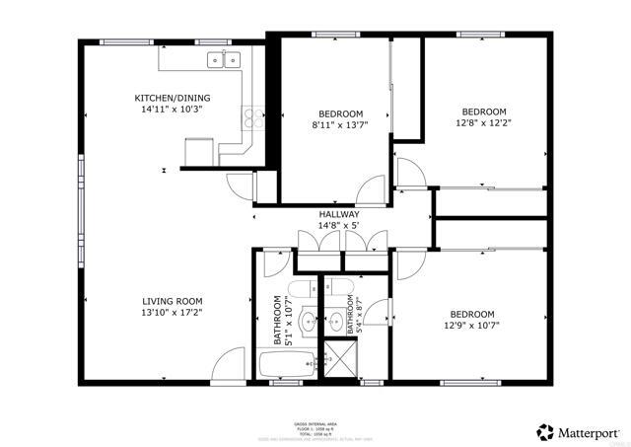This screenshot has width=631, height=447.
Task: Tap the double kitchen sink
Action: tap(224, 61)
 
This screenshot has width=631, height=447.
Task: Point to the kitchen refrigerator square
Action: tap(199, 151)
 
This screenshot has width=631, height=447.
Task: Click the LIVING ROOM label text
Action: tap(172, 301)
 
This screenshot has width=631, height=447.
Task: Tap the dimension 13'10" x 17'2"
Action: tap(172, 313)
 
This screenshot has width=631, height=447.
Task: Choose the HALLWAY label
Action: tap(338, 214)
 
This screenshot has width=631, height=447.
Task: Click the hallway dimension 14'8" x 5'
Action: tap(338, 226)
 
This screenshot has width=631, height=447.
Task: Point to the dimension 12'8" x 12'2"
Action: tap(484, 123)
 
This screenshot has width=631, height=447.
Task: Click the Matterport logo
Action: tap(579, 431)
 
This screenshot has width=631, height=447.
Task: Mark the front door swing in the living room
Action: tap(229, 365)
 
